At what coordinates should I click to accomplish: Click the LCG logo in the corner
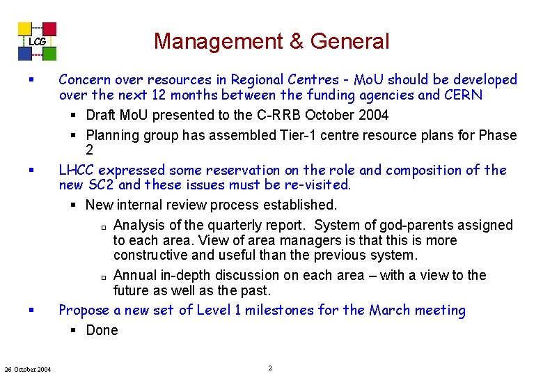[x=38, y=41]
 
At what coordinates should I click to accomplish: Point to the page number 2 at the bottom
[x=269, y=368]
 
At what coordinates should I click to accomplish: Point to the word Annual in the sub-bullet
[x=135, y=275]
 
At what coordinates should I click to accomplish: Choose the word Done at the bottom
[x=102, y=330]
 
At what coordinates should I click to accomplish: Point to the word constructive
[x=152, y=256]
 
